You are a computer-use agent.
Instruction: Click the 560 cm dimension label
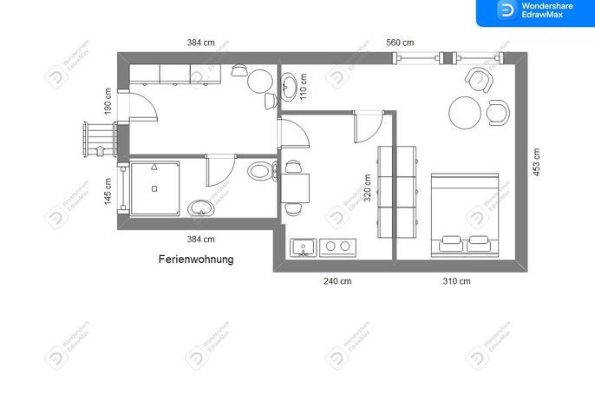click(400, 43)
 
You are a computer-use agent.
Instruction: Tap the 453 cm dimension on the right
click(536, 162)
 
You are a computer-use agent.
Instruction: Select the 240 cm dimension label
click(337, 281)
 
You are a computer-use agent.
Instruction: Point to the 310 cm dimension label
click(456, 281)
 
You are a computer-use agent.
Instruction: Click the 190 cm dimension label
click(108, 102)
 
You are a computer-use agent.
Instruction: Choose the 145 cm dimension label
click(108, 192)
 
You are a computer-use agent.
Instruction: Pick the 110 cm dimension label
click(304, 87)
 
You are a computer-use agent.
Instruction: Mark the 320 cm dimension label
click(368, 188)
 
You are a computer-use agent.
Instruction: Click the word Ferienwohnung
click(196, 260)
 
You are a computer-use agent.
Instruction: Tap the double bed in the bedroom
click(465, 215)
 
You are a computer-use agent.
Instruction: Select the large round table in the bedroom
click(465, 113)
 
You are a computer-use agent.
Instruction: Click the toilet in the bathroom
click(263, 170)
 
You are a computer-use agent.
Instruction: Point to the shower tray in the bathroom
click(154, 188)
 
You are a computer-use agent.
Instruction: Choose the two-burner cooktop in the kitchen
click(337, 247)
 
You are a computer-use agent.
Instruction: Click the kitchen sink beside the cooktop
click(304, 247)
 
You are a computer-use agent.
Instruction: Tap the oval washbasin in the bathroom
click(201, 208)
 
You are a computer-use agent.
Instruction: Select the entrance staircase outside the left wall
click(101, 139)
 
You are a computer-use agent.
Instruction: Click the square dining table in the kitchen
click(295, 188)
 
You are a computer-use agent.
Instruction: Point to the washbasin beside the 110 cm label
click(288, 87)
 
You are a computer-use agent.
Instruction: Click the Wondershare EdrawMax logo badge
click(535, 12)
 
